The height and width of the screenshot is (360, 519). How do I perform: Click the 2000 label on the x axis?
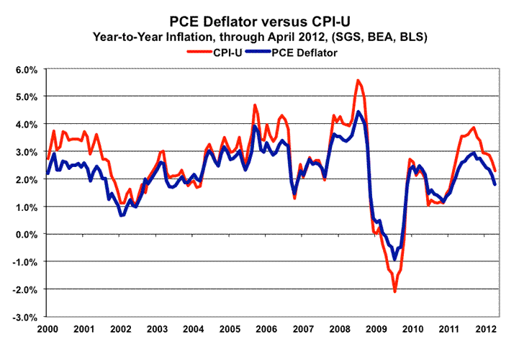[47, 328]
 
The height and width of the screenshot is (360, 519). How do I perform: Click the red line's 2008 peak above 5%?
[358, 80]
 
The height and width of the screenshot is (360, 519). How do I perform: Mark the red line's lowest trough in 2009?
[394, 291]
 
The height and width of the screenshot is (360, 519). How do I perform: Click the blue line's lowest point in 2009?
[394, 259]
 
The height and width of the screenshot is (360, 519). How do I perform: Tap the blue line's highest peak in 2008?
[358, 112]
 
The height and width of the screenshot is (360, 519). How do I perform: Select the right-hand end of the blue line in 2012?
[495, 185]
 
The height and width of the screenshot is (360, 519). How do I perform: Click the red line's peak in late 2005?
[255, 105]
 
